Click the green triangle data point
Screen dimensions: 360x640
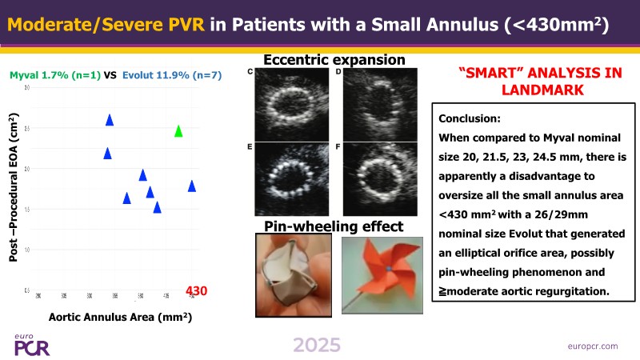point(178,130)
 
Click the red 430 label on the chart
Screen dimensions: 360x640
point(197,290)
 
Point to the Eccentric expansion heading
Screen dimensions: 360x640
point(333,60)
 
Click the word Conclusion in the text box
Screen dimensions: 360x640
point(470,118)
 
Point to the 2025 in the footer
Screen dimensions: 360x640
point(316,346)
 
